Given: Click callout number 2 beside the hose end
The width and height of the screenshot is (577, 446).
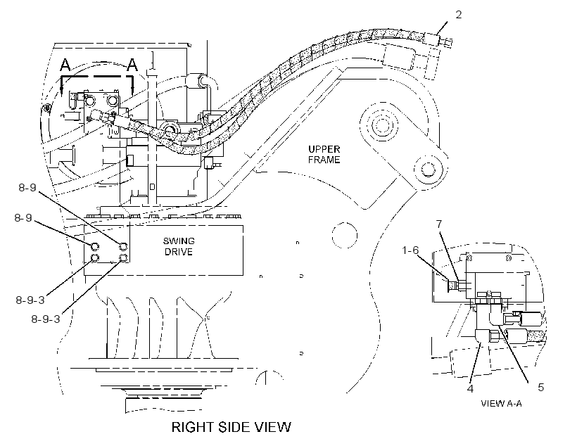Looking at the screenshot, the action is click(458, 15).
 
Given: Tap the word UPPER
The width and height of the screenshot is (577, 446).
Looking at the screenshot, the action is click(324, 149).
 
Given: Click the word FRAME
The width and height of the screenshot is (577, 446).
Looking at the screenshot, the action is click(324, 160).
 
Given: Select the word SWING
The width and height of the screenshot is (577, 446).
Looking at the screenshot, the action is click(179, 241).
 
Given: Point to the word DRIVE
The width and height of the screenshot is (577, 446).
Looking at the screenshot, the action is click(179, 252).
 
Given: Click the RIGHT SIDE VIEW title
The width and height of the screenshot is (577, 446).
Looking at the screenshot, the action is click(232, 427).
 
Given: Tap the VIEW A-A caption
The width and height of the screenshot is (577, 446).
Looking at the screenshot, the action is click(501, 403).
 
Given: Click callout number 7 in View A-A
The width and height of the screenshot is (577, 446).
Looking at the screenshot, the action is click(438, 224).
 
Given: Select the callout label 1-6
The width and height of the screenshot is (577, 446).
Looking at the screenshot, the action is click(410, 250).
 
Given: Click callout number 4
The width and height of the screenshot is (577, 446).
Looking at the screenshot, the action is click(470, 388).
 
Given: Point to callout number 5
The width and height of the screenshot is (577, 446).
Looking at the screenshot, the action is click(540, 387).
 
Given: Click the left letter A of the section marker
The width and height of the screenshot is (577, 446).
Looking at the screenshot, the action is click(65, 65).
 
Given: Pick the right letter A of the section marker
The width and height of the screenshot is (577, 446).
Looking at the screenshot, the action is click(132, 65).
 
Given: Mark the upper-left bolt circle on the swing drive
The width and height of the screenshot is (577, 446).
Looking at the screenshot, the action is click(94, 246).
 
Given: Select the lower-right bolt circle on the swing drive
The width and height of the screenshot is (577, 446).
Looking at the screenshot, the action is click(124, 258).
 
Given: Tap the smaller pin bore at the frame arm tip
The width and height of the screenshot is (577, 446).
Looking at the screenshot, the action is click(427, 170).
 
